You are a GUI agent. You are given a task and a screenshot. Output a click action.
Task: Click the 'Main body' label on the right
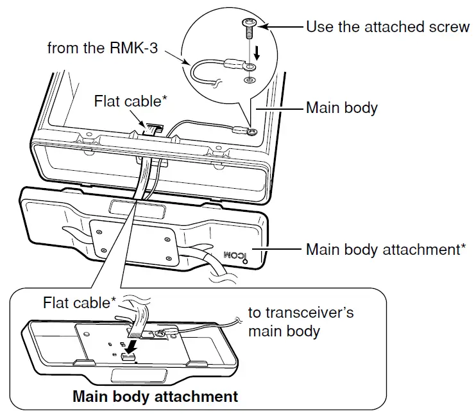click(x=341, y=107)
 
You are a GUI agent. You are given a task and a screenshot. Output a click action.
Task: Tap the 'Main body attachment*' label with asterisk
click(x=386, y=249)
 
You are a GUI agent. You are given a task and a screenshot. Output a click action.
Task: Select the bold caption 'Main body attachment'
click(x=155, y=396)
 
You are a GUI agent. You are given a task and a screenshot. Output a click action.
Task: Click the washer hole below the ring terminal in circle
click(x=248, y=80)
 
